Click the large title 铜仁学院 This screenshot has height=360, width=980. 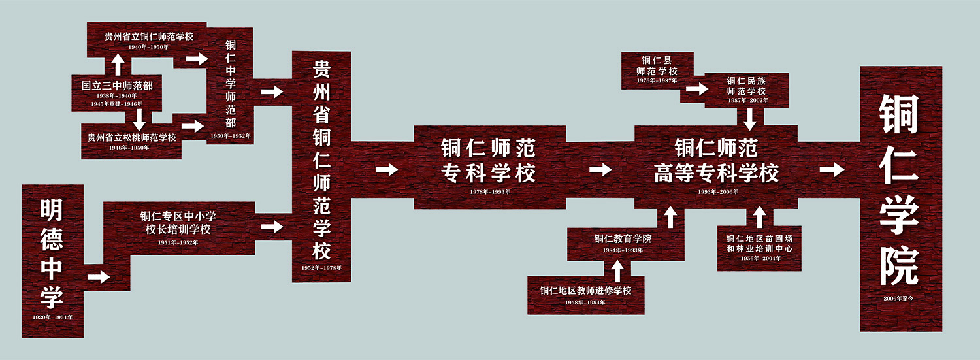point(899,189)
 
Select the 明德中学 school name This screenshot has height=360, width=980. point(52,254)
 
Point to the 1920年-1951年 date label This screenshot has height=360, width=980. point(52,317)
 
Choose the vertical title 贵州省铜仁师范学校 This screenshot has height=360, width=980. point(321,159)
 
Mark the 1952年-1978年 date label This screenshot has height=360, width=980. point(321,268)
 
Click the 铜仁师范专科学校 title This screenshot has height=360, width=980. point(489,161)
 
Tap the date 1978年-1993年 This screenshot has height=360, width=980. point(489,192)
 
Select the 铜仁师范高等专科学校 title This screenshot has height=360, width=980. point(717,161)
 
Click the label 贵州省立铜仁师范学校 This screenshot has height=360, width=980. point(148,37)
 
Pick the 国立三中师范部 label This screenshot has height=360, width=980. point(117,86)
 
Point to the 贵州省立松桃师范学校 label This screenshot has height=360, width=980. point(131,138)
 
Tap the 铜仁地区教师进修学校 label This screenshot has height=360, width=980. point(585,291)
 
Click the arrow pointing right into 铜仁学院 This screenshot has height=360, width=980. point(832,170)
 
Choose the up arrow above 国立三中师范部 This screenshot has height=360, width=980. point(118,64)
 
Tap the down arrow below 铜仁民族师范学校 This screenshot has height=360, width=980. point(750,118)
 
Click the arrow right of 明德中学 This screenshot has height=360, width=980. point(99,276)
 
